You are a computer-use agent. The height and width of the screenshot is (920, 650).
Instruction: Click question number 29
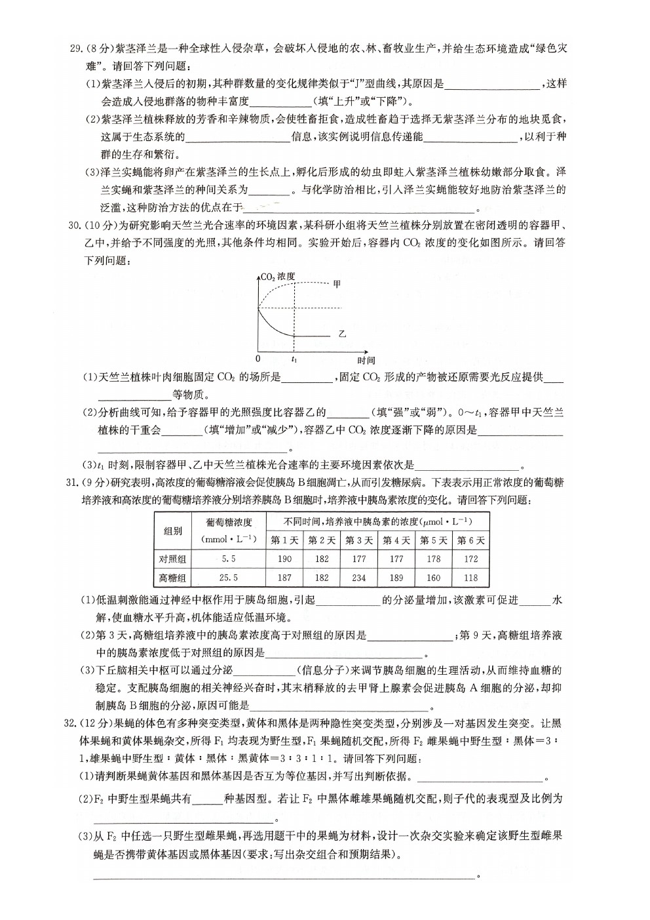(x=76, y=48)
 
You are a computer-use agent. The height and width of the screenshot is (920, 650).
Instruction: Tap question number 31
(x=73, y=483)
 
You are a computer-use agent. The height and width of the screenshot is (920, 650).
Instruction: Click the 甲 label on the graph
(x=337, y=284)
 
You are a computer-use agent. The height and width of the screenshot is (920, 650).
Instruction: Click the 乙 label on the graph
(x=341, y=334)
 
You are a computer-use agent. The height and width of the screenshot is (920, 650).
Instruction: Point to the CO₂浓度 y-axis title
(x=278, y=276)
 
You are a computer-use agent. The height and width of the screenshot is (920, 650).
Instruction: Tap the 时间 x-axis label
(x=366, y=360)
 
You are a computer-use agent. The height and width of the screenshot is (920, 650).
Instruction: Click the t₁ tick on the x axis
(x=294, y=359)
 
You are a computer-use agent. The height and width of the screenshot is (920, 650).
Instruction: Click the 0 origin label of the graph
(x=258, y=359)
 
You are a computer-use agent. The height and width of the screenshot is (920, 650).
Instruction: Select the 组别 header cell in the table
(x=173, y=530)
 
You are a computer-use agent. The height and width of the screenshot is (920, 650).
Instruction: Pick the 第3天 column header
(x=359, y=540)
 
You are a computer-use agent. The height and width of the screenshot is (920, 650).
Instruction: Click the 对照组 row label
(x=173, y=559)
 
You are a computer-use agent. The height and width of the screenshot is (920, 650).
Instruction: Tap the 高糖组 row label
(x=173, y=578)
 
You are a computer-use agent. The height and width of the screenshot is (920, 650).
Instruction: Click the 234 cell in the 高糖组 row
(x=359, y=578)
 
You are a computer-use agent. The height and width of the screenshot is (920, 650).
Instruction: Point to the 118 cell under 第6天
(x=471, y=578)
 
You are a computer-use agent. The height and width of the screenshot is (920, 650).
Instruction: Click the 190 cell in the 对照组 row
(x=284, y=559)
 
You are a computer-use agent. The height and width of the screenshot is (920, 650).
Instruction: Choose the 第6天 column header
(x=471, y=540)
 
